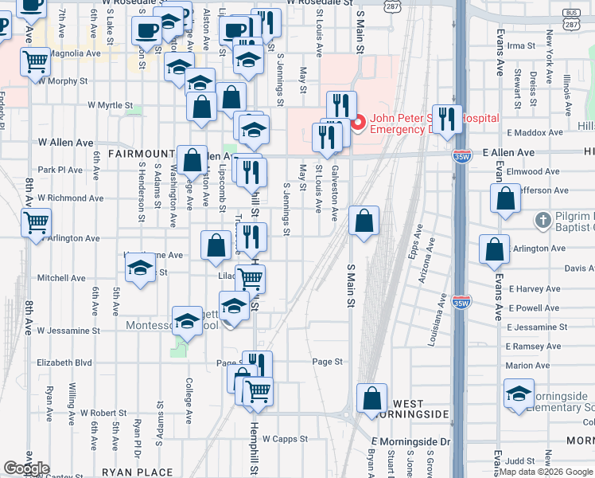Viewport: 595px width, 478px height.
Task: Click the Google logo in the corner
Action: coord(26,468)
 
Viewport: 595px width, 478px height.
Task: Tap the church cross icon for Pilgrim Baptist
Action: coord(543,218)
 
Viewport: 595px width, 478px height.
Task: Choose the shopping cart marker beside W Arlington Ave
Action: coord(37,222)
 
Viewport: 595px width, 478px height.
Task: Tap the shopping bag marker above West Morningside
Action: coord(371,398)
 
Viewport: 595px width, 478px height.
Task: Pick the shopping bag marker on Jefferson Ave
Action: coord(506,199)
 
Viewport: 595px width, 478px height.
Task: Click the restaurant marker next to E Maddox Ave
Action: coord(447,119)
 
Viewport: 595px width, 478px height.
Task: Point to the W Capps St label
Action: coord(284,438)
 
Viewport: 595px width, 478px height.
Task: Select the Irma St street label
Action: coord(522,46)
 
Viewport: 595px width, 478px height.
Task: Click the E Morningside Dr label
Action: coord(410,441)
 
